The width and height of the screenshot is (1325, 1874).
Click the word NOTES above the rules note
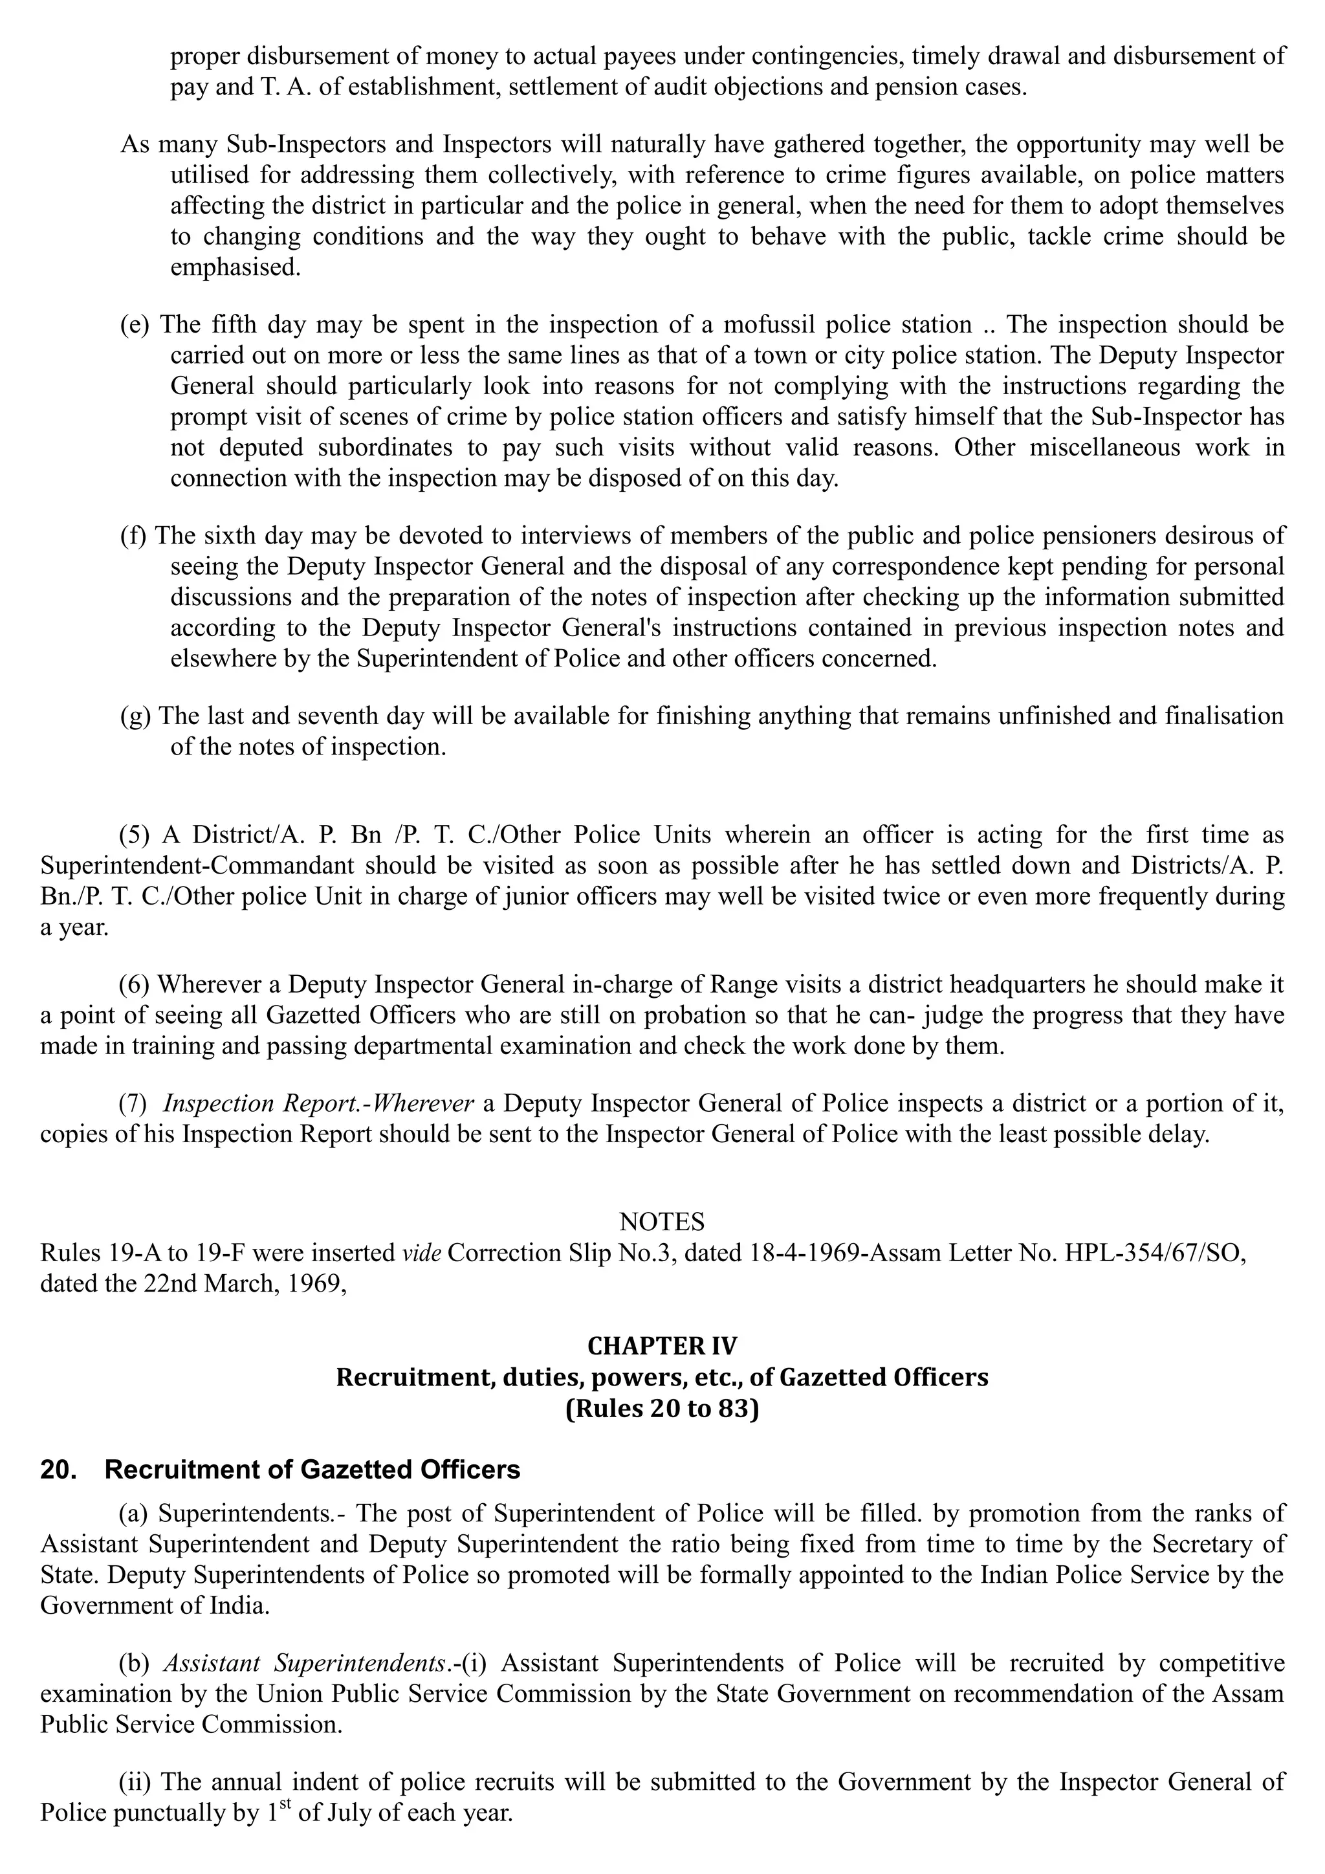[x=662, y=1222]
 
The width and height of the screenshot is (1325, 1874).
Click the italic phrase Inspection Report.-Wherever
[x=318, y=1103]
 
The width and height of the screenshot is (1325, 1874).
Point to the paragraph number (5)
[x=134, y=835]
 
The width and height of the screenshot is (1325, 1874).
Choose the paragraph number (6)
[x=134, y=984]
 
